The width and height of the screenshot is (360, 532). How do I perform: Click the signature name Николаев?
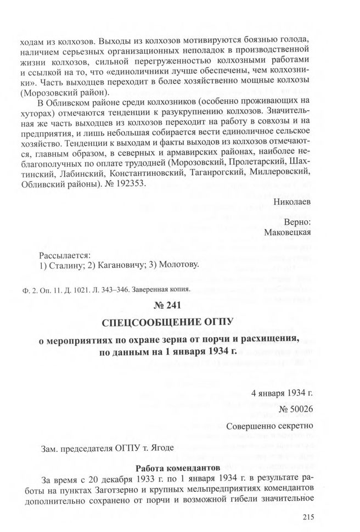click(292, 201)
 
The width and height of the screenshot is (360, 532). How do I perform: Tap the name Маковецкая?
click(288, 232)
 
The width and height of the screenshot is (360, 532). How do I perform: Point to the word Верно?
click(297, 222)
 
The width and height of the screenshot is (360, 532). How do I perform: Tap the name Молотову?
click(177, 266)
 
